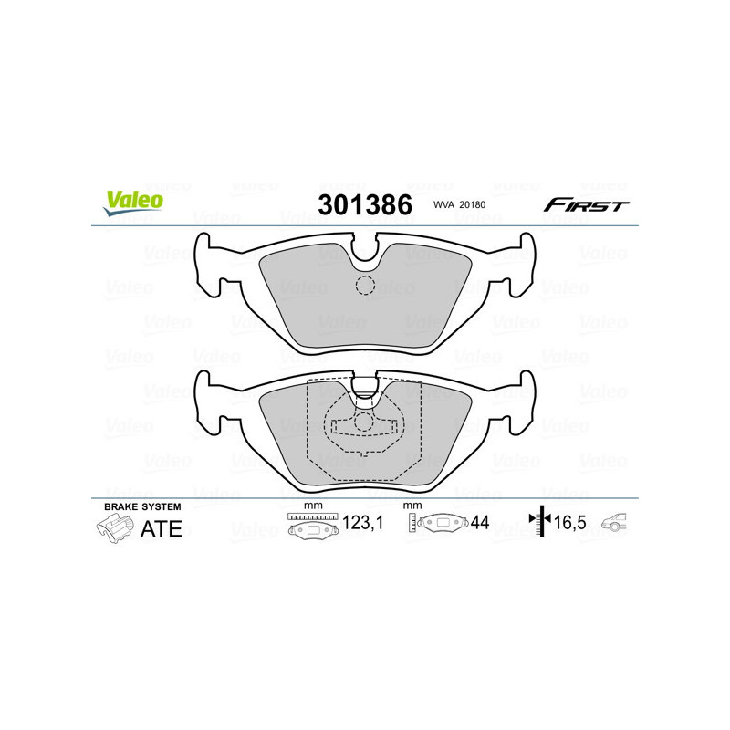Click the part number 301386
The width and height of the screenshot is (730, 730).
tap(364, 204)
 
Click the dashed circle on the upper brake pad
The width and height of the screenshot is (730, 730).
tap(365, 286)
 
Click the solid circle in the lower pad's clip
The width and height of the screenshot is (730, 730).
tap(364, 422)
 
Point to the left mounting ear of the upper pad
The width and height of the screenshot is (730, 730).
tap(207, 262)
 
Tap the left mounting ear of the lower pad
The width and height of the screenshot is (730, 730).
tap(207, 399)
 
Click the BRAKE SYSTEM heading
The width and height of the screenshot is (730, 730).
tap(142, 506)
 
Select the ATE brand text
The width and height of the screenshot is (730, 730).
tap(161, 528)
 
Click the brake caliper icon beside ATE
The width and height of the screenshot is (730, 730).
tap(114, 528)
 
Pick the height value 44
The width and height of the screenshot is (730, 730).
tap(480, 524)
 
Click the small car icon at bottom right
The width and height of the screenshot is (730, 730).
tap(617, 524)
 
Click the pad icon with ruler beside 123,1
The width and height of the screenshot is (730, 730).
tap(313, 526)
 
